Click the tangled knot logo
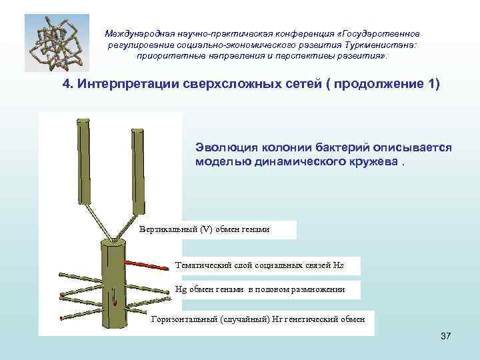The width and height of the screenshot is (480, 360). click(x=57, y=42)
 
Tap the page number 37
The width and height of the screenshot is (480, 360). click(x=446, y=335)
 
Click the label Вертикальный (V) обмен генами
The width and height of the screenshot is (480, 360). click(x=204, y=230)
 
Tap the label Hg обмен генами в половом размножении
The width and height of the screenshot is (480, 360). click(x=260, y=289)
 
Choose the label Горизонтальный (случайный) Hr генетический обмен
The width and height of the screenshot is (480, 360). click(x=259, y=320)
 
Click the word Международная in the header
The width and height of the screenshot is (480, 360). click(x=139, y=33)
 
